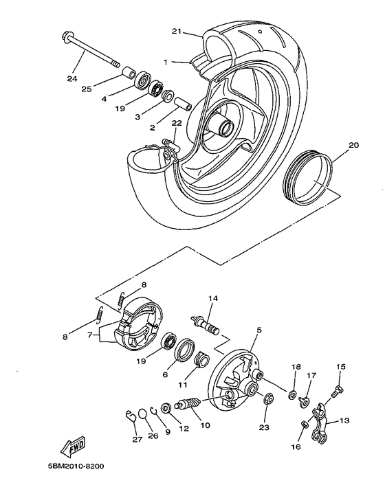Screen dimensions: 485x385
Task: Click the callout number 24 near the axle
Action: pyautogui.click(x=72, y=78)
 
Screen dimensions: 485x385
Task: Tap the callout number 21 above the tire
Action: pyautogui.click(x=176, y=32)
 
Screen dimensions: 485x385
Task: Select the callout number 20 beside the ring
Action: pyautogui.click(x=353, y=145)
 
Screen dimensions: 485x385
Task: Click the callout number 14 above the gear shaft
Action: pyautogui.click(x=212, y=298)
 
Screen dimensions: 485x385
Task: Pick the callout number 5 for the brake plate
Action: pyautogui.click(x=258, y=330)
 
